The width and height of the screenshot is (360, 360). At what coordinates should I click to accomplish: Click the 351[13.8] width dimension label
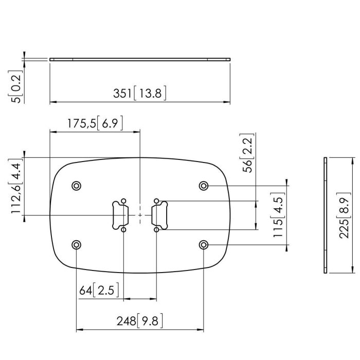point(140,94)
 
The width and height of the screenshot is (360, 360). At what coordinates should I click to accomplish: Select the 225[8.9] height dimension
point(346,214)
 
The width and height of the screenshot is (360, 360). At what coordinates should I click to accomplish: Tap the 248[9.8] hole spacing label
point(140,321)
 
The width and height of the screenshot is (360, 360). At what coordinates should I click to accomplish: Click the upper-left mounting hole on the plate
point(77,185)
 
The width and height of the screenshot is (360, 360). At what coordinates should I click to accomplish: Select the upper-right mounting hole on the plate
point(204,185)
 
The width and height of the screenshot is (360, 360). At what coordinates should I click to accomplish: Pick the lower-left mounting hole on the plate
point(77,244)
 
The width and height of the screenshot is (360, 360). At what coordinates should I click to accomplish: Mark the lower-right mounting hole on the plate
point(204,244)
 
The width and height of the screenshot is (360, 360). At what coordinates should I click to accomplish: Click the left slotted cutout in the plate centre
point(120,214)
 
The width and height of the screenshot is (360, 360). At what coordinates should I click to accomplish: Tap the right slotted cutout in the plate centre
point(158,214)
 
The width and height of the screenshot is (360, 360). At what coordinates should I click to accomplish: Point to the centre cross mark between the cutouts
point(140,215)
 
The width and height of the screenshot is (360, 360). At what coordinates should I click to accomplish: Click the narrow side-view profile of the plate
point(325,214)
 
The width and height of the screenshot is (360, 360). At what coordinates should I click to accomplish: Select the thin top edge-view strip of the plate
point(140,60)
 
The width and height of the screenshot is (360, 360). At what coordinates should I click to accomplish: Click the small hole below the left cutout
point(123,230)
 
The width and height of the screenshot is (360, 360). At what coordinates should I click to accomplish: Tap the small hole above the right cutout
point(156,200)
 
